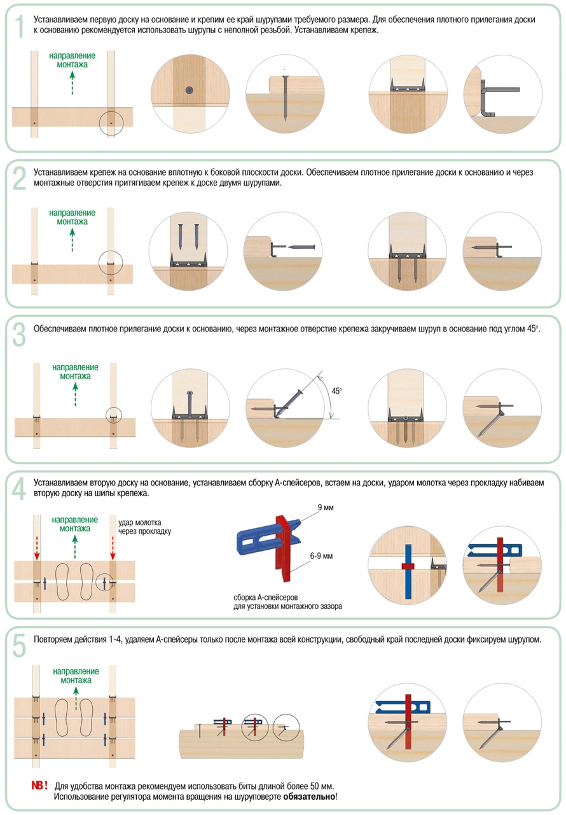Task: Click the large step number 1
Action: click(20, 27)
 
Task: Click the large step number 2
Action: click(20, 179)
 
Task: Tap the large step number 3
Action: click(20, 335)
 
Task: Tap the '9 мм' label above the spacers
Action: click(325, 509)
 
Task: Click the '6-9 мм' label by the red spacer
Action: click(321, 555)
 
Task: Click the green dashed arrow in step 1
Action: click(72, 82)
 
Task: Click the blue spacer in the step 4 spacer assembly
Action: click(258, 538)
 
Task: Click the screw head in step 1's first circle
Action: click(189, 91)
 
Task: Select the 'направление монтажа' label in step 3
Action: click(75, 372)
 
